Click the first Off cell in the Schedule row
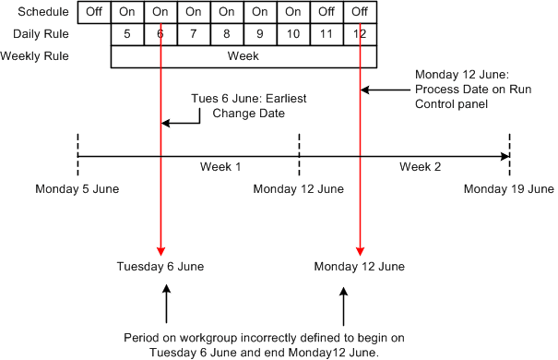[93, 13]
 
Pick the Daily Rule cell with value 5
[127, 34]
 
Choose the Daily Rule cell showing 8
[227, 34]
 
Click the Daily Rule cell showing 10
[293, 34]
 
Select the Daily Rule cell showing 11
[326, 34]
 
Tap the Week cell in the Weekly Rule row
[243, 55]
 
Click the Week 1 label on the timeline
[221, 167]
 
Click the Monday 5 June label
[77, 189]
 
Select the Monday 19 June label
[508, 189]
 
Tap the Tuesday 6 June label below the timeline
[160, 267]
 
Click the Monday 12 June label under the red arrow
[360, 267]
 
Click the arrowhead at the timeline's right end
[505, 156]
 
